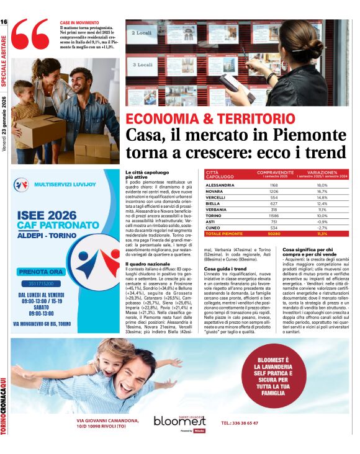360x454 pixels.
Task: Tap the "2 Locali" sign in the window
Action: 143,32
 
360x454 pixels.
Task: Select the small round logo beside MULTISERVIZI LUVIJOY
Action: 22,184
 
